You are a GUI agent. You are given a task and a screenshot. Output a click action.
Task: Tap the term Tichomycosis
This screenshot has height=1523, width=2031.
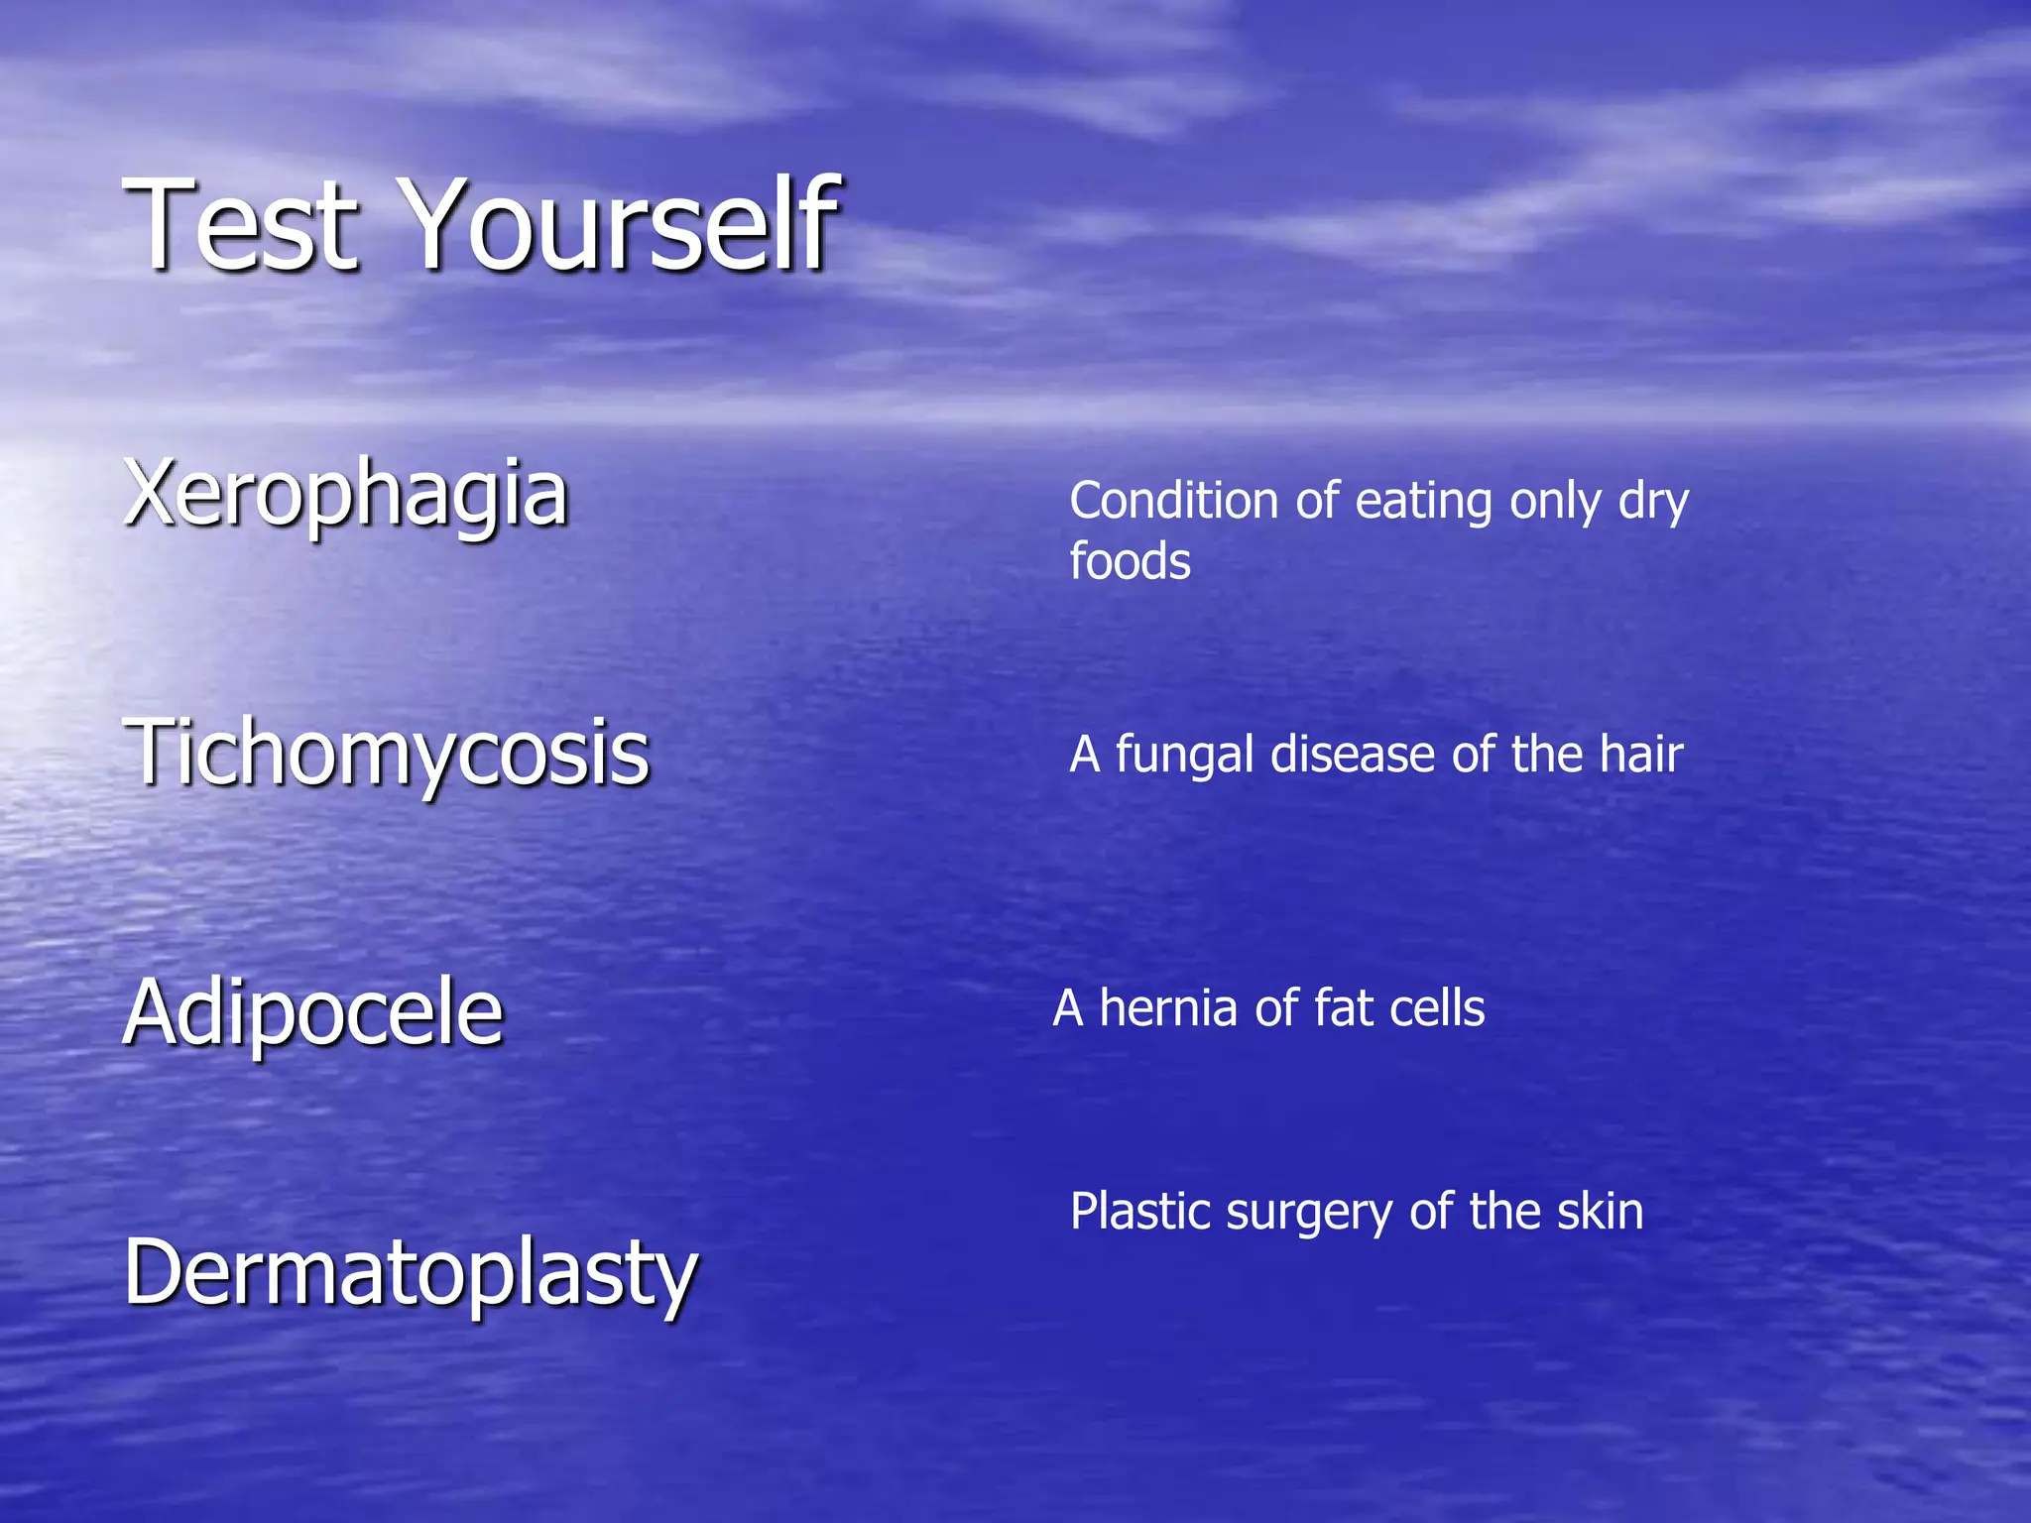coord(387,755)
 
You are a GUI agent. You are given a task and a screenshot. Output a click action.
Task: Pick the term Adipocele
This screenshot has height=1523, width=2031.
coord(313,1013)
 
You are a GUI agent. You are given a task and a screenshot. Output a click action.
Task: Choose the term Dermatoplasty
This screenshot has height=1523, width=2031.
coord(411,1274)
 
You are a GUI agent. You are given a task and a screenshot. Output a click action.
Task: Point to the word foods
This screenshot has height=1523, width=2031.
coord(1130,562)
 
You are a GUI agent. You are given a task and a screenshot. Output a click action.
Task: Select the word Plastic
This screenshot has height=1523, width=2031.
coord(1140,1213)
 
